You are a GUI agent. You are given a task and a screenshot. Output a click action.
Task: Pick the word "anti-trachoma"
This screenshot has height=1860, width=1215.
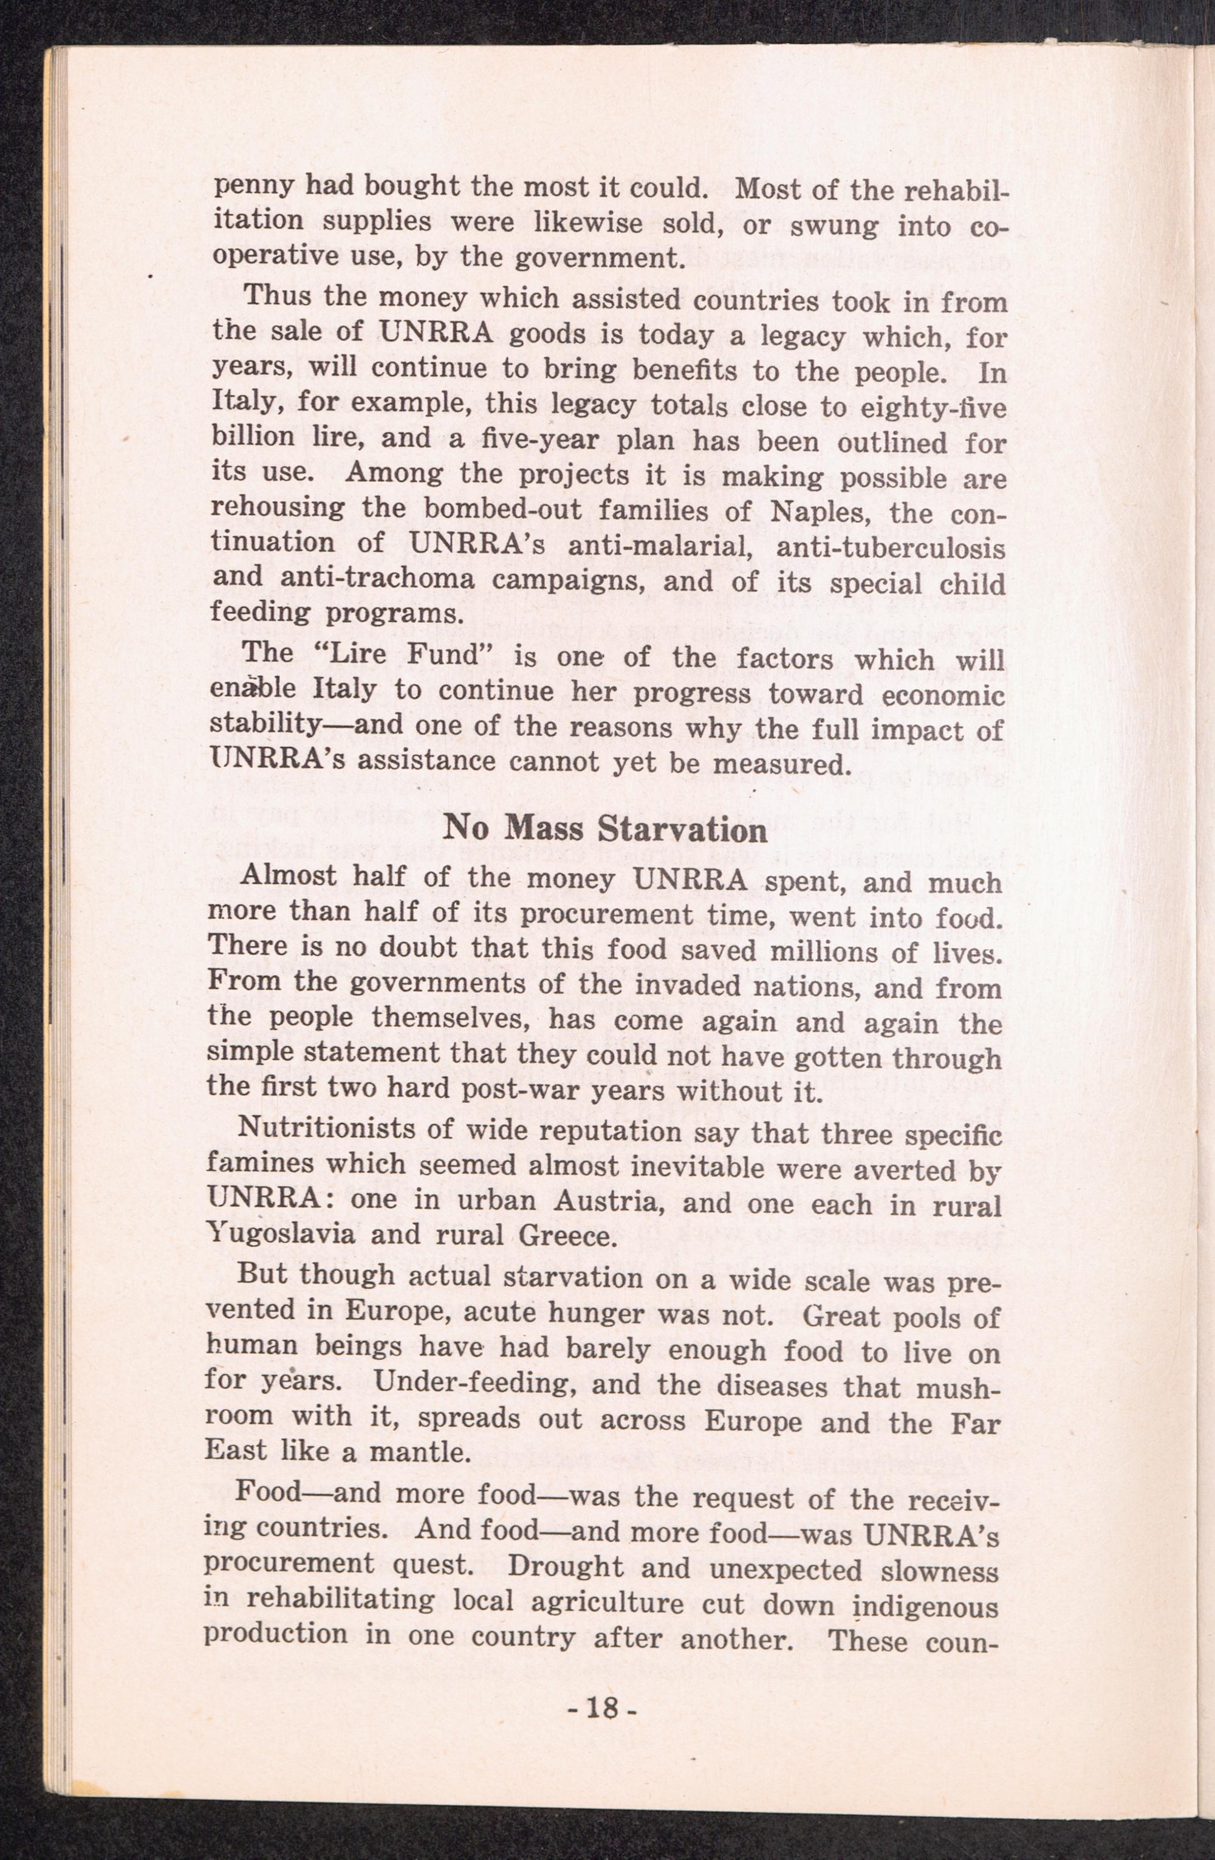(360, 582)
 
